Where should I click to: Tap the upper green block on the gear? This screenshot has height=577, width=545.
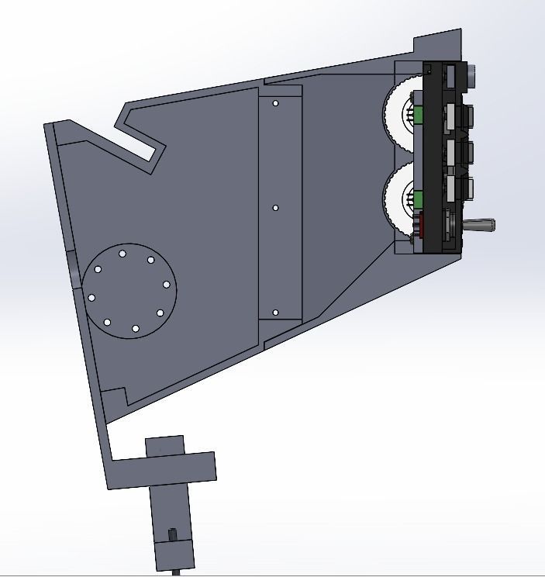tap(418, 116)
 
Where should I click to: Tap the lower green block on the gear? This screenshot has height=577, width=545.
tap(418, 199)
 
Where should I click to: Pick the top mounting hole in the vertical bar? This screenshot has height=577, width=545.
tap(275, 102)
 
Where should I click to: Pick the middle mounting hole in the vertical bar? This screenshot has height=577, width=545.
tap(275, 208)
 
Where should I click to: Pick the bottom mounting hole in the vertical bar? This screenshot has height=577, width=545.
tap(275, 313)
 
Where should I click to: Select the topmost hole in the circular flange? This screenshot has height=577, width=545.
tap(122, 254)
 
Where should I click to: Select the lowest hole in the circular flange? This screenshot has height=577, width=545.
tap(135, 330)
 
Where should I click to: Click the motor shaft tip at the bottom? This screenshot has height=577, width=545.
tap(181, 572)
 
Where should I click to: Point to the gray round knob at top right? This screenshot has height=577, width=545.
tap(472, 74)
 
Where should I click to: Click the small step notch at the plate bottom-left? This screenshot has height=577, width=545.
tap(114, 396)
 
